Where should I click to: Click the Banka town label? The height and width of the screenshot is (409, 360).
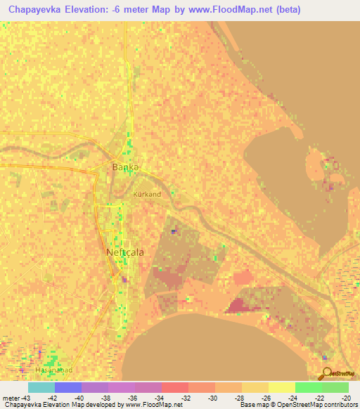(x=126, y=167)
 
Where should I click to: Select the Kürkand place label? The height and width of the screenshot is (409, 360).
(x=147, y=194)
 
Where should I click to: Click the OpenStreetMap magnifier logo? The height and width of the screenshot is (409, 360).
(x=328, y=372)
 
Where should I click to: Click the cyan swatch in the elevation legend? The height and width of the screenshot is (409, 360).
(x=41, y=387)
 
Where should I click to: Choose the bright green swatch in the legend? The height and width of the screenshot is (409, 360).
(x=308, y=387)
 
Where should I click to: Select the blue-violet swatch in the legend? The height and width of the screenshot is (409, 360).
(x=68, y=387)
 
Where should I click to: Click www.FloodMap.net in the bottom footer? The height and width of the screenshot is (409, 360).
(x=152, y=405)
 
